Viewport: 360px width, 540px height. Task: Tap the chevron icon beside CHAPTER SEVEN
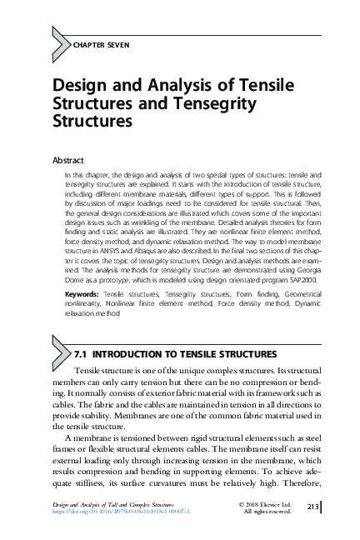pyautogui.click(x=61, y=42)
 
